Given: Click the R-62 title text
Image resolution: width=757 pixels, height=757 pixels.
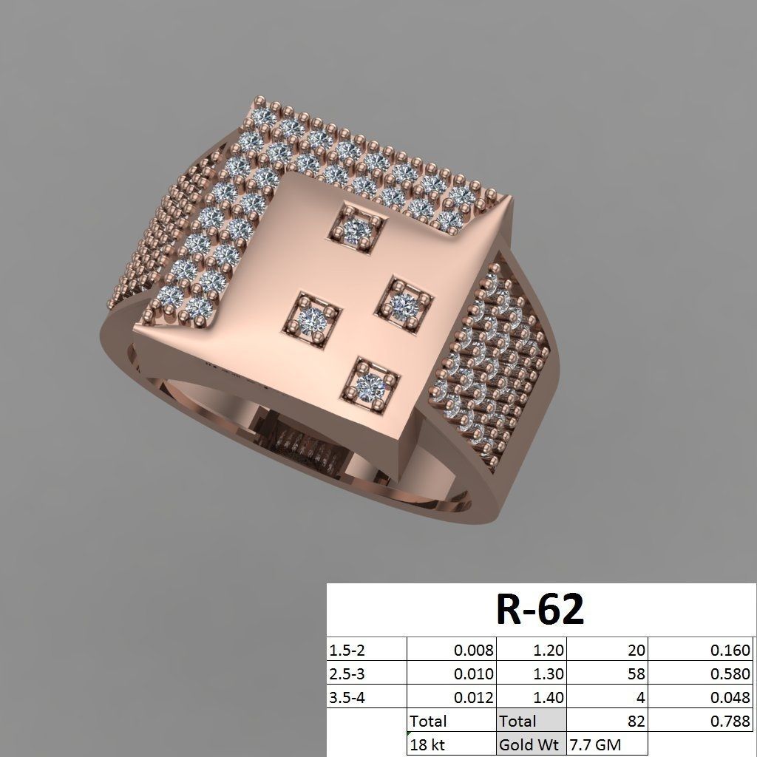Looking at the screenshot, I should [539, 609].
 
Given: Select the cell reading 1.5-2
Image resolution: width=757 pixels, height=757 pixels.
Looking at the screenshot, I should [347, 651].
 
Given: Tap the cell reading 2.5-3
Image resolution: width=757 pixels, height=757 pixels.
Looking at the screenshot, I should [347, 673].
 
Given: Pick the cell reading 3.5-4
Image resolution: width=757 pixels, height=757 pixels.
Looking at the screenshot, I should [347, 696].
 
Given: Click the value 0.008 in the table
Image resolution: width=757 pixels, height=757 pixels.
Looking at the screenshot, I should [474, 651].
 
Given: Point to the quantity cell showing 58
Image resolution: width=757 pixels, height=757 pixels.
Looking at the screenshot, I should [636, 673].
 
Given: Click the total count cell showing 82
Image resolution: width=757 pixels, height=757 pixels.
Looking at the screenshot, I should [636, 720].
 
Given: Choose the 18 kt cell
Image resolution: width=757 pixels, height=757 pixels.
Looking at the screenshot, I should [429, 744].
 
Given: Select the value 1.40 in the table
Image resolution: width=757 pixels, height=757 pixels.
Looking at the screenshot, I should [548, 696].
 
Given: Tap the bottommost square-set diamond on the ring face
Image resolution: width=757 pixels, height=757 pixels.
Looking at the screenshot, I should [372, 381].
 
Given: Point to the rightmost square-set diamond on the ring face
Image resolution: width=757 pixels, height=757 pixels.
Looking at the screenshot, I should [405, 301].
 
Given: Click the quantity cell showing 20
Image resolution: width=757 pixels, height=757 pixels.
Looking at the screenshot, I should [636, 651].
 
